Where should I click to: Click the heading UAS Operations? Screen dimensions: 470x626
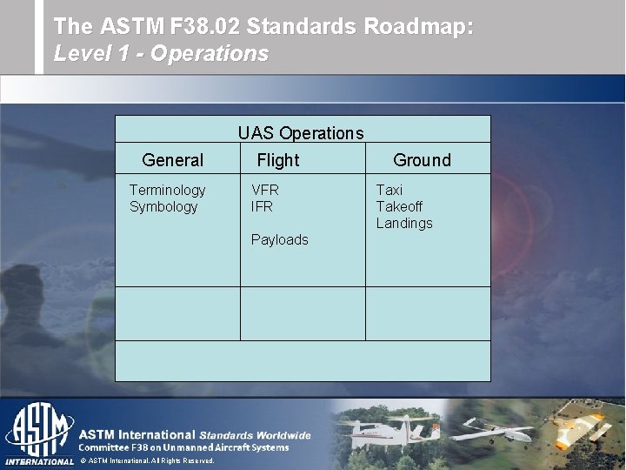[x=301, y=133]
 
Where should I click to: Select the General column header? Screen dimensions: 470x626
[x=172, y=160]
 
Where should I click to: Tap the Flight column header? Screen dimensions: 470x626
[x=277, y=160]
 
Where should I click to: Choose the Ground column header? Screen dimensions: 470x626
[x=422, y=160]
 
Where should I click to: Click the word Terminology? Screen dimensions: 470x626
[x=167, y=190]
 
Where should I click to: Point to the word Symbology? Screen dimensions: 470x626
[x=163, y=206]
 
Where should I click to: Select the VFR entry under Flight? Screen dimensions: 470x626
[x=265, y=190]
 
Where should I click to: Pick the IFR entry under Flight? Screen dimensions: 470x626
[x=262, y=206]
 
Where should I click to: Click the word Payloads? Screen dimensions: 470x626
[x=279, y=239]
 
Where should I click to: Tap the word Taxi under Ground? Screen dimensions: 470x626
[x=389, y=190]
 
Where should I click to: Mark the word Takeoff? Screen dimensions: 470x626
[x=399, y=206]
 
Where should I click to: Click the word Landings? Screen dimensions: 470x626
[x=403, y=223]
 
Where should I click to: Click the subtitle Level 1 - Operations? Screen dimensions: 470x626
[x=161, y=54]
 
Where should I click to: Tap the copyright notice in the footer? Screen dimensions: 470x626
[x=146, y=460]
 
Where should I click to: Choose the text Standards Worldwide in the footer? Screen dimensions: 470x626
[x=255, y=434]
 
